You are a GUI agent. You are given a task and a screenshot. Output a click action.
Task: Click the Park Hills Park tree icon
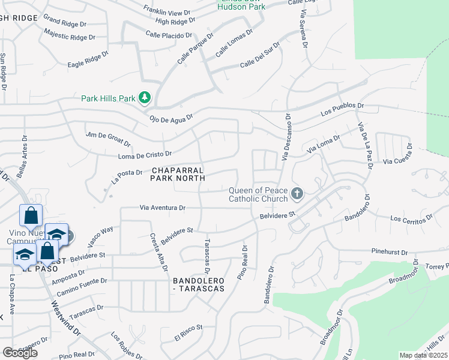(145, 97)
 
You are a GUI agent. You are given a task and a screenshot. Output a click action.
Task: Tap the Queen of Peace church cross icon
(296, 194)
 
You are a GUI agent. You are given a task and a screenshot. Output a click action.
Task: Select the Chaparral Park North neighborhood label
(178, 174)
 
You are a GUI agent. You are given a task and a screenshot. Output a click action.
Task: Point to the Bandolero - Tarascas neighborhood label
(198, 284)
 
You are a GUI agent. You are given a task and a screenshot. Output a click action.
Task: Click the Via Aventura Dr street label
(162, 208)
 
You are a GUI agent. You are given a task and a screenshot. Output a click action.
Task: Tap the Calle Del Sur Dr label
(260, 55)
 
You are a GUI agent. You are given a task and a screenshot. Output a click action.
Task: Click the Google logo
(20, 353)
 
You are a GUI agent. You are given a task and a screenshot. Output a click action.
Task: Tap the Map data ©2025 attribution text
(424, 355)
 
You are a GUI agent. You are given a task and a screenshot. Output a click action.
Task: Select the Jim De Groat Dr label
(108, 139)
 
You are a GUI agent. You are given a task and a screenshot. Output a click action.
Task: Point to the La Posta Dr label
(126, 176)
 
